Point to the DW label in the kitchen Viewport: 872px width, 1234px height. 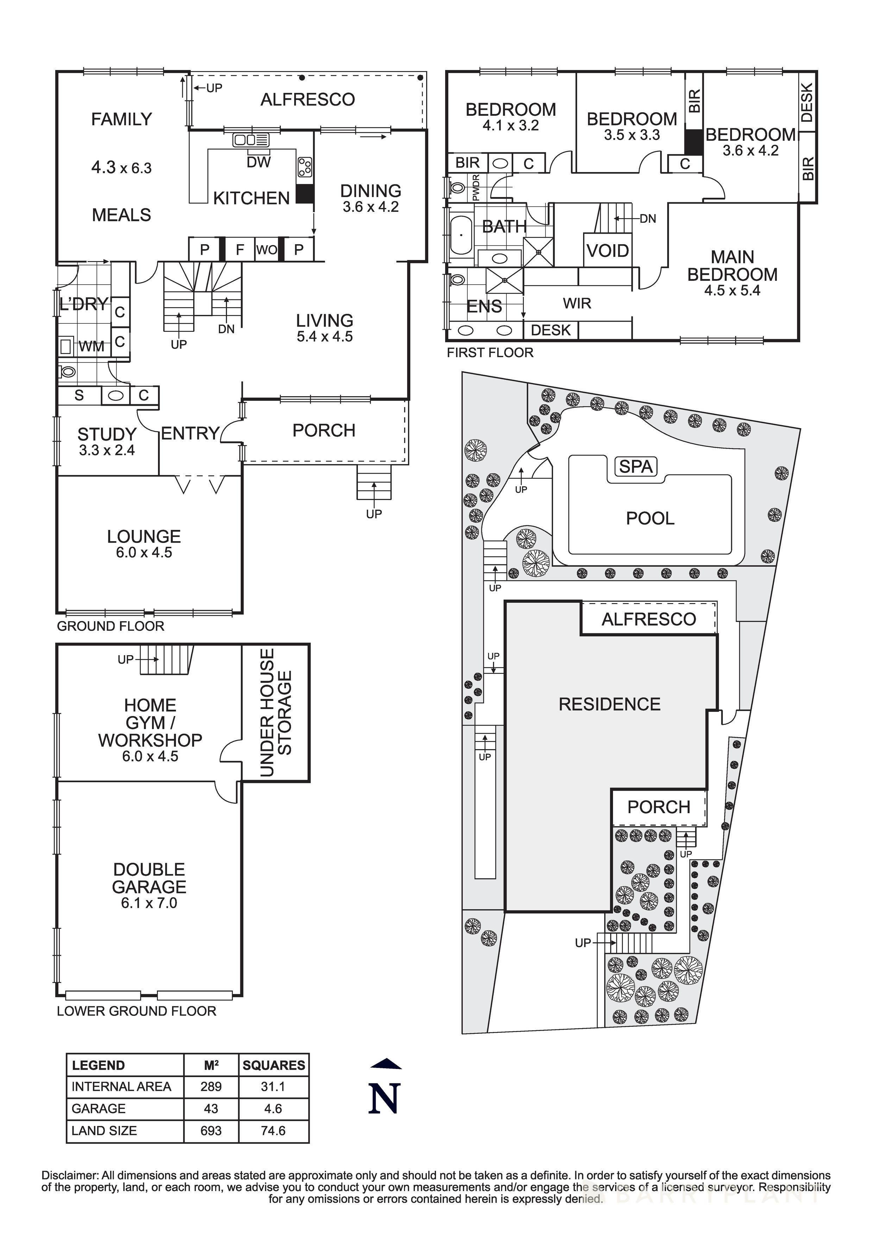click(259, 162)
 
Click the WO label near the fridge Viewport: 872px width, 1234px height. click(267, 249)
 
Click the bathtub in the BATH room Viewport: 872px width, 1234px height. click(461, 234)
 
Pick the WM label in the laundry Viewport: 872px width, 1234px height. click(91, 347)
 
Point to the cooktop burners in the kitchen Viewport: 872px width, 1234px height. click(305, 167)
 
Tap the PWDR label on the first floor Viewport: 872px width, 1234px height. click(475, 188)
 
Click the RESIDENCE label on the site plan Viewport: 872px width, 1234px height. click(609, 704)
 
